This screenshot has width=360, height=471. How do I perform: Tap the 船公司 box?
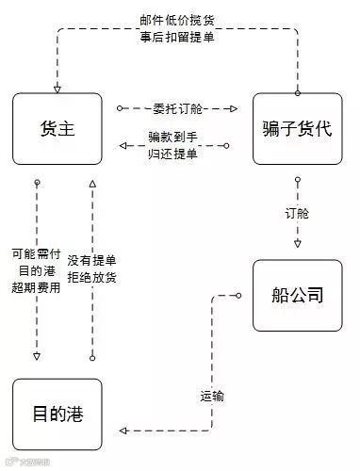click(298, 295)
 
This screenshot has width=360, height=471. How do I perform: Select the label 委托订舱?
click(178, 108)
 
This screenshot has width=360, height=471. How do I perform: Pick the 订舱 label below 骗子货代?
click(298, 212)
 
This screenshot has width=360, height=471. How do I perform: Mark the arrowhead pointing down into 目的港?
click(37, 357)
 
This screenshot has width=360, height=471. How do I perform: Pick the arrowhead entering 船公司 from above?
click(298, 249)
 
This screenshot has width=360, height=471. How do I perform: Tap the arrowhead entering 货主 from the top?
click(57, 89)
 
